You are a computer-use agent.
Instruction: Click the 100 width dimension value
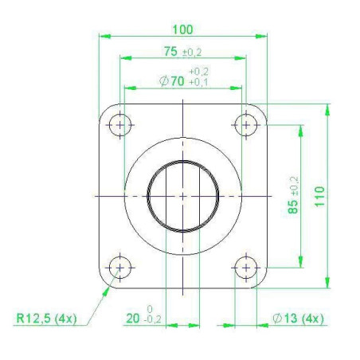click(x=182, y=29)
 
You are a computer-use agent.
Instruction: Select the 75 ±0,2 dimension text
click(x=182, y=52)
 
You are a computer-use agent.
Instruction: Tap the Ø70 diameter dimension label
click(x=172, y=81)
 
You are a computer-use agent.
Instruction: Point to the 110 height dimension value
click(x=320, y=197)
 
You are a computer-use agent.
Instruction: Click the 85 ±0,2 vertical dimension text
click(x=293, y=195)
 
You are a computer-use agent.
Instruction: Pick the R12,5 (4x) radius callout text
click(x=46, y=318)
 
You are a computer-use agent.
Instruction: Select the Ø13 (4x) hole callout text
click(x=299, y=319)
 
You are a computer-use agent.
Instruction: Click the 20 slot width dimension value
click(x=132, y=319)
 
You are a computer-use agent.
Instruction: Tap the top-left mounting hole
click(x=120, y=125)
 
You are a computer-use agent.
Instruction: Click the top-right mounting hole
click(x=246, y=125)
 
